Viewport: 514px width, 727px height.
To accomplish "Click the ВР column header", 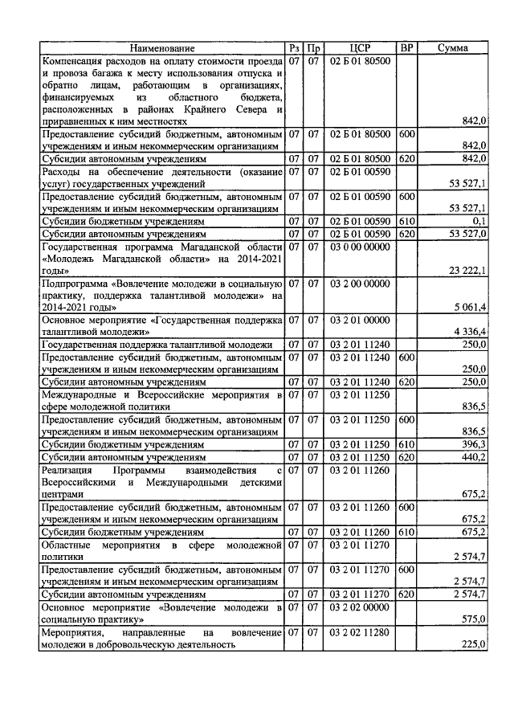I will [407, 48].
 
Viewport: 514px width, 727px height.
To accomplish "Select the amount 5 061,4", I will [471, 306].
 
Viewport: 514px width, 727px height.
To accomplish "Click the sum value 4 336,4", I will [471, 331].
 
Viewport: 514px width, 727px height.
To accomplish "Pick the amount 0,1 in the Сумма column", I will [479, 221].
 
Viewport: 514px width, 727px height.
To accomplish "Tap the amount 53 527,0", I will [469, 233].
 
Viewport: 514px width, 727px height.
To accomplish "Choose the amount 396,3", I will [474, 444].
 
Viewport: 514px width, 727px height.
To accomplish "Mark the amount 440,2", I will [474, 456].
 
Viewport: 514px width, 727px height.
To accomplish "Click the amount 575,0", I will [474, 619].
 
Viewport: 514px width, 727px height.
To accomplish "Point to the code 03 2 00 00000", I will [360, 284].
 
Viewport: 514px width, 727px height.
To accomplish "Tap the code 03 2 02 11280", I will [360, 633].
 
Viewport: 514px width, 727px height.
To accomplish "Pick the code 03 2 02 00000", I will [360, 608].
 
